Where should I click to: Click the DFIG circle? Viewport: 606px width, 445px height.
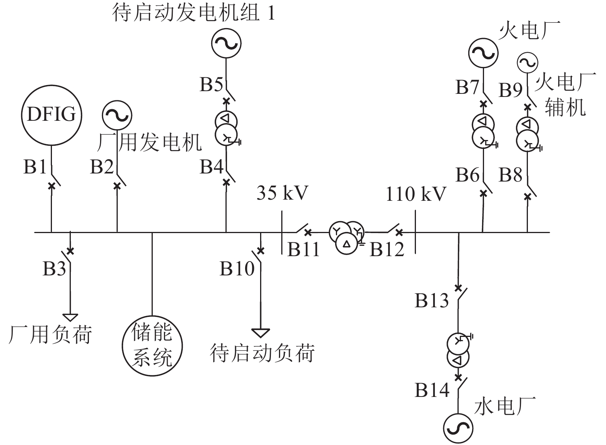point(51,114)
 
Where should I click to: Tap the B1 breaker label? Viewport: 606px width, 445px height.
point(35,167)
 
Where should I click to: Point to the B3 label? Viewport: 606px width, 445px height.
point(54,269)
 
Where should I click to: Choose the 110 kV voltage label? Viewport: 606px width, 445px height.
point(416,194)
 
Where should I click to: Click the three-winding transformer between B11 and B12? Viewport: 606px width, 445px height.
point(346,237)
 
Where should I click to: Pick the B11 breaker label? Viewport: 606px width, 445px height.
point(304,250)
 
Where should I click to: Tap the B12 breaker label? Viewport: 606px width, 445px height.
point(387,250)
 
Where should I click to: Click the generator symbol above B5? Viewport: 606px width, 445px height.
point(226,43)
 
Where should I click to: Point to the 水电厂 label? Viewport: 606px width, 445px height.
point(505,407)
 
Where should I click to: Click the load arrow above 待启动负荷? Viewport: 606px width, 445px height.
point(260,333)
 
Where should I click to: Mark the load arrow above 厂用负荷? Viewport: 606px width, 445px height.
point(70,317)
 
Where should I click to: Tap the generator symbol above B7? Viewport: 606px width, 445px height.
point(483,53)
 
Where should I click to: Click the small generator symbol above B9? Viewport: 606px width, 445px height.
point(527,62)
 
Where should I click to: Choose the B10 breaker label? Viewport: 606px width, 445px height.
point(237,269)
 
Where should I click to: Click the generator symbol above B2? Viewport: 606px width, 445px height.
point(117,115)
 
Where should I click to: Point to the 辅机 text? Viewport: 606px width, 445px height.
point(565,107)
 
